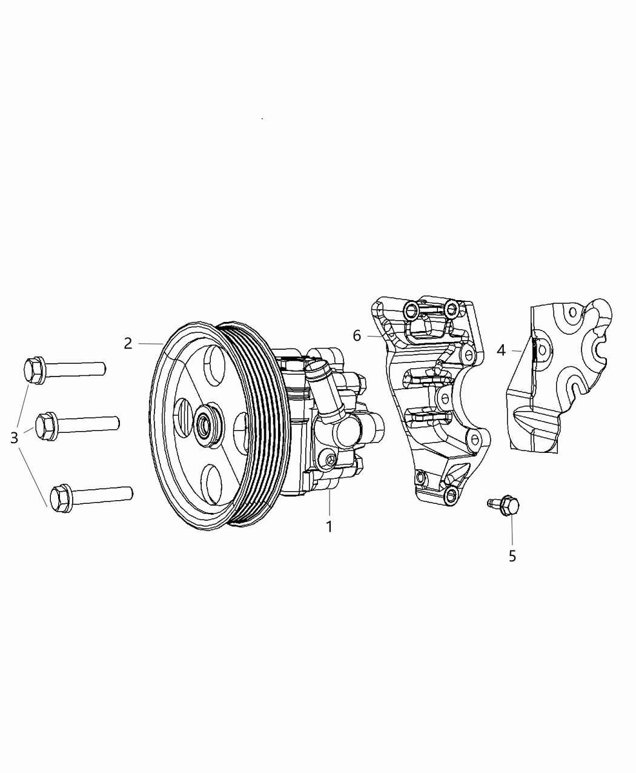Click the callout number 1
[x=330, y=526]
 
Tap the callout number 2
[x=128, y=343]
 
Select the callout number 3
[x=15, y=437]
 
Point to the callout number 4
[x=501, y=350]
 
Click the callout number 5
[x=512, y=555]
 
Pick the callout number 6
[x=357, y=335]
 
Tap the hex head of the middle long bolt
[x=46, y=424]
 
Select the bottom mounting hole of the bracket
[x=451, y=495]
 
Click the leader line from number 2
[x=150, y=344]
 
